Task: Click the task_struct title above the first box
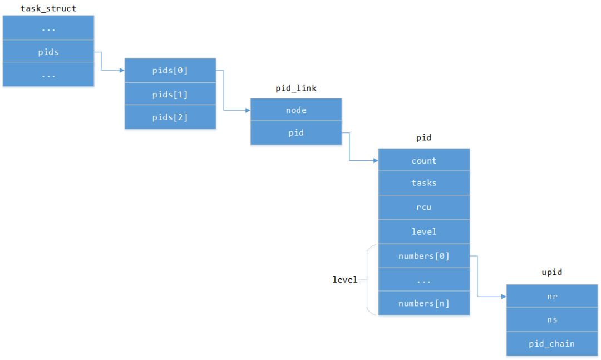48,8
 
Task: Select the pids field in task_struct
48,52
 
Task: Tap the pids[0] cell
170,70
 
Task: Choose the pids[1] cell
170,94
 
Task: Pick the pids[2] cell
170,117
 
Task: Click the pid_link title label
296,88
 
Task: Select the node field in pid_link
296,110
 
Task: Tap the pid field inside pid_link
296,133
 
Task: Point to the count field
424,160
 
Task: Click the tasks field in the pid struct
424,183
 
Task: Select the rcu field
424,207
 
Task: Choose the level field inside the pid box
424,231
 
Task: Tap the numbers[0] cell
424,256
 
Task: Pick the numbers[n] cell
424,303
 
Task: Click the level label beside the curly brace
345,279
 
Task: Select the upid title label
551,272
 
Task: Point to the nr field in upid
551,296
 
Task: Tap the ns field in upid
551,320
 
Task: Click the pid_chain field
551,344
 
